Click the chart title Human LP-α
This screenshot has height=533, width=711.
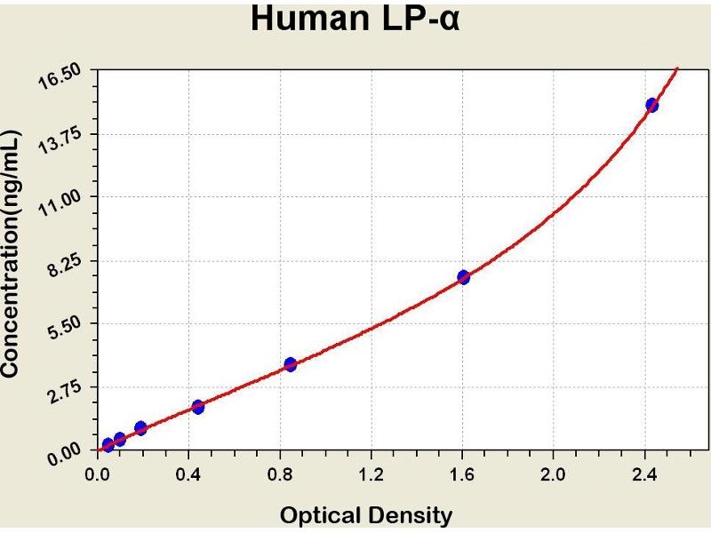click(x=355, y=19)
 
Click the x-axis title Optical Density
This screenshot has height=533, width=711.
click(x=366, y=514)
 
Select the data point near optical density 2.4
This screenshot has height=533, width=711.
click(x=651, y=105)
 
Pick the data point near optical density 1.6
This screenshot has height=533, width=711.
click(x=463, y=277)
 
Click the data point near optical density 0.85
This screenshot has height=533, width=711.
click(x=290, y=364)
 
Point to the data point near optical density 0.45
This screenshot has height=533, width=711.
click(x=197, y=407)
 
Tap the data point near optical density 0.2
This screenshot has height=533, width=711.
click(x=140, y=428)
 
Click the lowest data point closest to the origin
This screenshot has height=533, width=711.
click(x=108, y=445)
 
